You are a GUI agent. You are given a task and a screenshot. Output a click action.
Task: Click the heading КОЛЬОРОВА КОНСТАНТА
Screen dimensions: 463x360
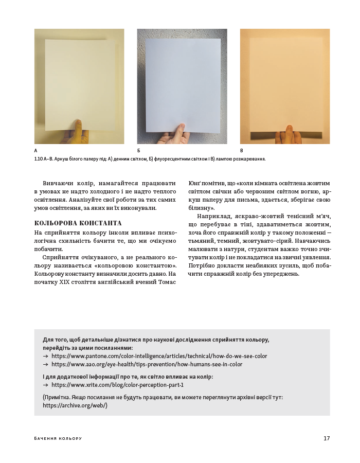[78, 223]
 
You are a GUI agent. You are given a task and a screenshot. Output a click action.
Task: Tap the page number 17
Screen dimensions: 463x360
[327, 438]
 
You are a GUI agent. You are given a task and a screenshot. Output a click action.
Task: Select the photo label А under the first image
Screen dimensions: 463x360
[36, 151]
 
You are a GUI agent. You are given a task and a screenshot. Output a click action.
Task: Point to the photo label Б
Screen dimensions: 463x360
[139, 151]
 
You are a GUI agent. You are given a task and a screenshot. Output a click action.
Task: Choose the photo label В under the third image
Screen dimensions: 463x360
[242, 151]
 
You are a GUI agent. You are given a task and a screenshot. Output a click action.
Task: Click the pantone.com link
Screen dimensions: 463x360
[159, 356]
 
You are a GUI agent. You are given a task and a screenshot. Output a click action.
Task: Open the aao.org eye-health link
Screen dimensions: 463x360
[147, 364]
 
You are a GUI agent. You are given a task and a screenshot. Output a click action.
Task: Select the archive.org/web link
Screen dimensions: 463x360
[75, 405]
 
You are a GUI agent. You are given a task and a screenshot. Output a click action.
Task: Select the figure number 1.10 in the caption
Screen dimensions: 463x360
[38, 159]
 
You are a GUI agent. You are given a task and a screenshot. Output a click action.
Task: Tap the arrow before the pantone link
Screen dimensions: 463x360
[46, 356]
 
